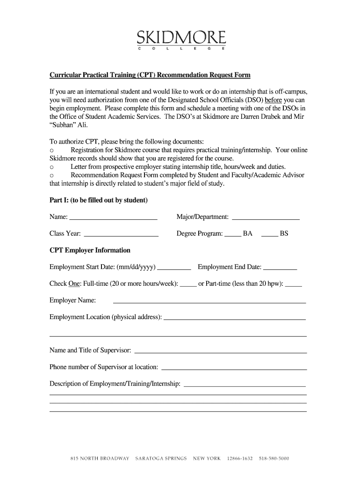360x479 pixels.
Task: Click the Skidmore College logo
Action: tap(181, 39)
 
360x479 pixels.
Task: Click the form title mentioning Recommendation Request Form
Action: tap(150, 75)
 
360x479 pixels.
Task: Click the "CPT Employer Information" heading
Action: tap(90, 250)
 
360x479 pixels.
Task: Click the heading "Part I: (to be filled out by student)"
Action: tap(99, 200)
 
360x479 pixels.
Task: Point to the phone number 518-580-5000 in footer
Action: tap(274, 458)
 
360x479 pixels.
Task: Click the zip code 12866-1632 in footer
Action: tap(240, 458)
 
